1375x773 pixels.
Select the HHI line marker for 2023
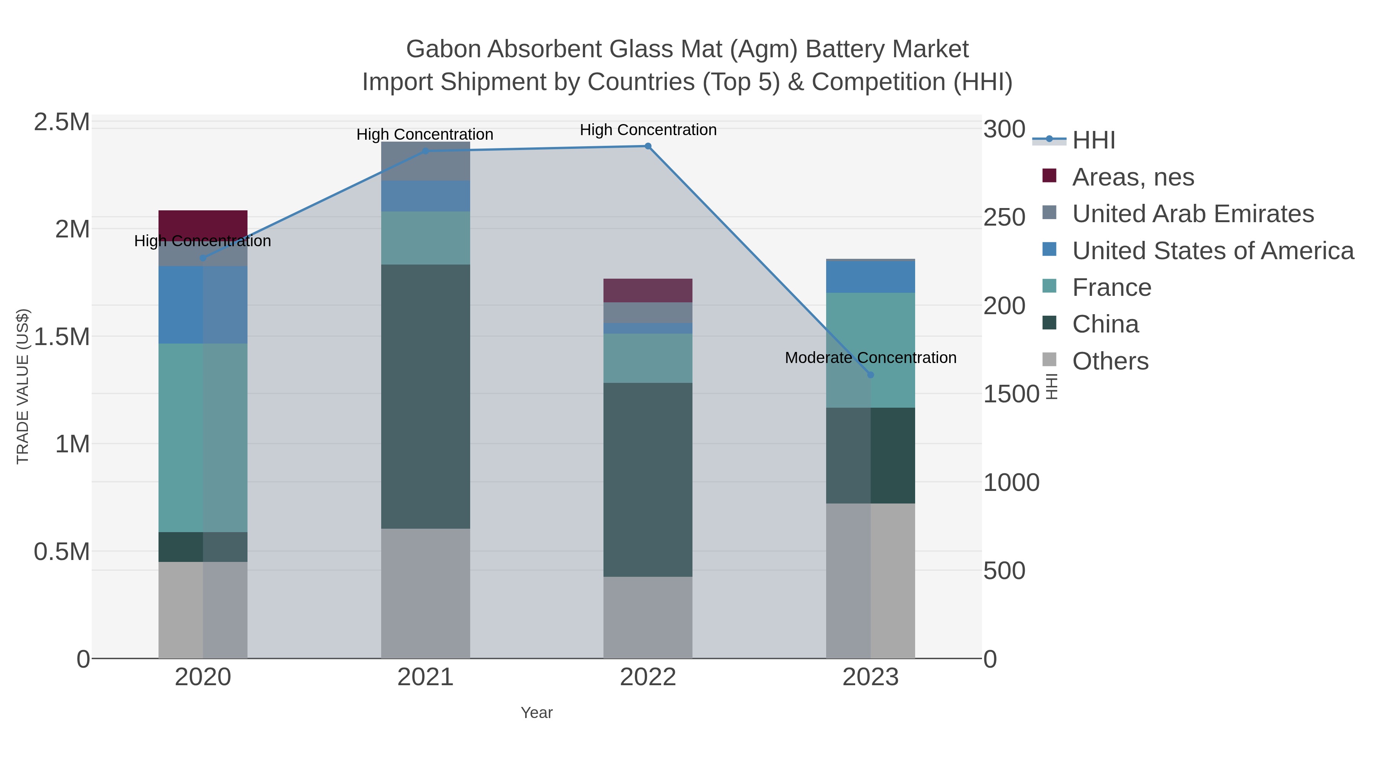pos(870,375)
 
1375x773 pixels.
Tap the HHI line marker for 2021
pos(425,151)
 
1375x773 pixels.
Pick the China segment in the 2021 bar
pos(425,396)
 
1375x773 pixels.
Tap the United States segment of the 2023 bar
pos(870,276)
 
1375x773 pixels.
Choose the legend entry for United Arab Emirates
pos(1192,213)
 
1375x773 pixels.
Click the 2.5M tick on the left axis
pos(62,122)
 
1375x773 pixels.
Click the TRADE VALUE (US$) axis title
pos(23,386)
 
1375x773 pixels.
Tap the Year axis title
pos(537,713)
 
